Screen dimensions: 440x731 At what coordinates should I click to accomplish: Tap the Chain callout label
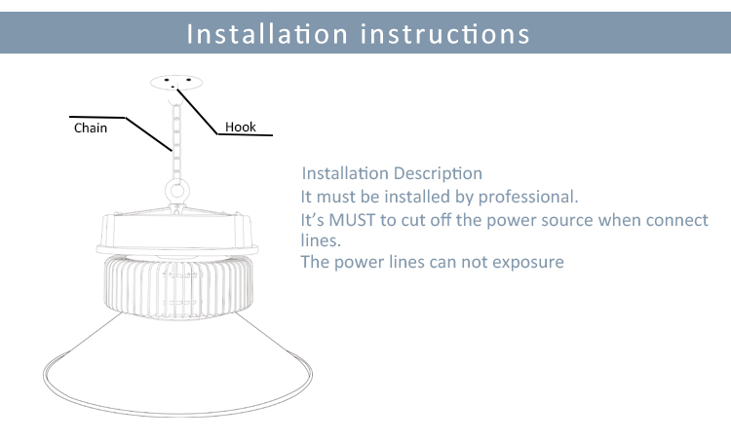[91, 128]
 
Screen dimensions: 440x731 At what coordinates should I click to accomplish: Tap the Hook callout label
[241, 127]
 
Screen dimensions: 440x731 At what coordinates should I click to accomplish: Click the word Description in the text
[437, 174]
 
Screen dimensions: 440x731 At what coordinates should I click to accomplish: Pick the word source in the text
[566, 220]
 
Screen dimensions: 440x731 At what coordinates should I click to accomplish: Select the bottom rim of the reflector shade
[179, 404]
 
